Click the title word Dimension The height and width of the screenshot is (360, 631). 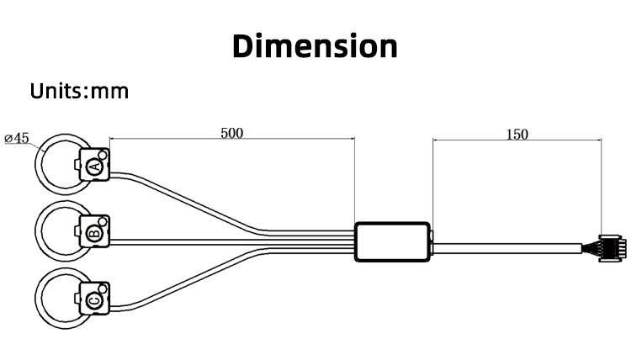(315, 46)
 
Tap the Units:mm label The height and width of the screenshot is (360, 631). (79, 91)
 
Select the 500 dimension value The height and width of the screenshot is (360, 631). (232, 133)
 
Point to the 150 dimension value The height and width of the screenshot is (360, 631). (517, 135)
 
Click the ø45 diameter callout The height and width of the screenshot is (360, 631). (17, 139)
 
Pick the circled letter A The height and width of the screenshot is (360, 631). (95, 167)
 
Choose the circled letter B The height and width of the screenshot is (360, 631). (95, 233)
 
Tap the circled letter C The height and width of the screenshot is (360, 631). (95, 300)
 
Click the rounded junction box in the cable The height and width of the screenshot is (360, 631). (392, 241)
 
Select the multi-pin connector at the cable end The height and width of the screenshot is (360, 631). (612, 248)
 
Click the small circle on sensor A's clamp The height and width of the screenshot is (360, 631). (103, 155)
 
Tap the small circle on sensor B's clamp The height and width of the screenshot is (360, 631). (103, 221)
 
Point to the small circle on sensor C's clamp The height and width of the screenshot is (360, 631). (103, 289)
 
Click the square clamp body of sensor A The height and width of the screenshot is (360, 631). (94, 164)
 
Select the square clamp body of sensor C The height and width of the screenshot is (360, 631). (94, 298)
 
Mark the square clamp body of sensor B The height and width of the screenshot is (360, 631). (94, 230)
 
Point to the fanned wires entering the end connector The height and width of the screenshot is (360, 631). (591, 248)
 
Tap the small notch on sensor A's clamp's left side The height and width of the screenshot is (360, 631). (77, 164)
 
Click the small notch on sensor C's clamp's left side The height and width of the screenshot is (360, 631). (77, 298)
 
